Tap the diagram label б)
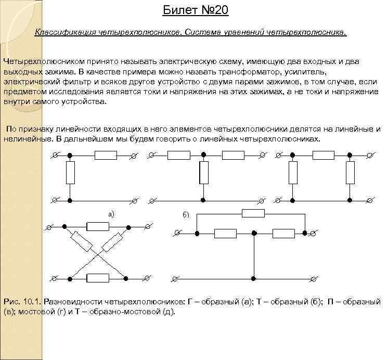click(186, 214)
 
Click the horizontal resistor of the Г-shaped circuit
click(106, 155)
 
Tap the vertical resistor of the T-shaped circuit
click(204, 172)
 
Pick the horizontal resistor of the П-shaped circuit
click(323, 155)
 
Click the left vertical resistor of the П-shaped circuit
click(293, 172)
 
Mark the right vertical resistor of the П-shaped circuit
click(351, 172)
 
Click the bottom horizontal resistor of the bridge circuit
click(98, 278)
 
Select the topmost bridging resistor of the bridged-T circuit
click(253, 213)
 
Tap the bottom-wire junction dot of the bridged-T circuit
click(253, 278)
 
